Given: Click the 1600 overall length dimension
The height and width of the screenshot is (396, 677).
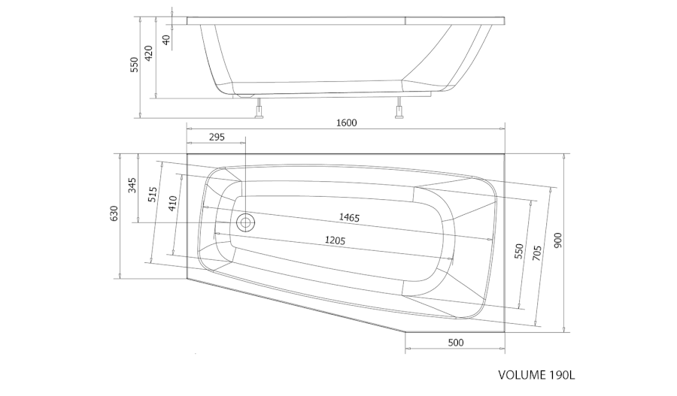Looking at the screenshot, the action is (x=347, y=123).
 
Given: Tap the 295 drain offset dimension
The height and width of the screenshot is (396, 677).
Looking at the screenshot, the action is (x=217, y=138).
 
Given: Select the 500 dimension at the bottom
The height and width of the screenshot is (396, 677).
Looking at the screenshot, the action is (x=456, y=343).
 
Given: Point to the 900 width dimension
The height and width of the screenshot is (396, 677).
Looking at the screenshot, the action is (x=557, y=240).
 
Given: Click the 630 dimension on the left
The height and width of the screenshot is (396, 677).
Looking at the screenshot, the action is (x=114, y=213).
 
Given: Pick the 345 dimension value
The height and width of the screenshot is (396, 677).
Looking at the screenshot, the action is (x=132, y=185).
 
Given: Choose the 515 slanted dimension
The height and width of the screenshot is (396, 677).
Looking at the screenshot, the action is (x=153, y=195).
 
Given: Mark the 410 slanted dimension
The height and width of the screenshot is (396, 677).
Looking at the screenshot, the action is (x=173, y=203).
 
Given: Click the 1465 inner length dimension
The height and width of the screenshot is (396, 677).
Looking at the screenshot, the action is (x=349, y=217).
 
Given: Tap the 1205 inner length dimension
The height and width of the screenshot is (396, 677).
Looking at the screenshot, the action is (x=335, y=240).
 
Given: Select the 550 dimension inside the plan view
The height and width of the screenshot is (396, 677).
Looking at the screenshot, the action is (x=518, y=251).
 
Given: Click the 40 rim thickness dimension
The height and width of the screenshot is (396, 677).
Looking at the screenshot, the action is (x=166, y=40).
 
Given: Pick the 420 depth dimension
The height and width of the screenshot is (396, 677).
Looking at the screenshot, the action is (x=148, y=53).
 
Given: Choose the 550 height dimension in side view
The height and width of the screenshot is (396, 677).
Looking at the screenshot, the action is (x=135, y=65).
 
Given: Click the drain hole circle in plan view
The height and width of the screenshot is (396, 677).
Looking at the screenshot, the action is (x=245, y=223).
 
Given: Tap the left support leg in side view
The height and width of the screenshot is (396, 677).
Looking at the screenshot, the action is (x=260, y=107).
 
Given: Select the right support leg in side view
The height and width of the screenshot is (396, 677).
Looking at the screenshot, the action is (x=399, y=107).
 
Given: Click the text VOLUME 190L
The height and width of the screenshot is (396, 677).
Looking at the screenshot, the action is (x=536, y=375).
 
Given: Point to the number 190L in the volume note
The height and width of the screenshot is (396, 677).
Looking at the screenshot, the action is (x=562, y=375).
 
